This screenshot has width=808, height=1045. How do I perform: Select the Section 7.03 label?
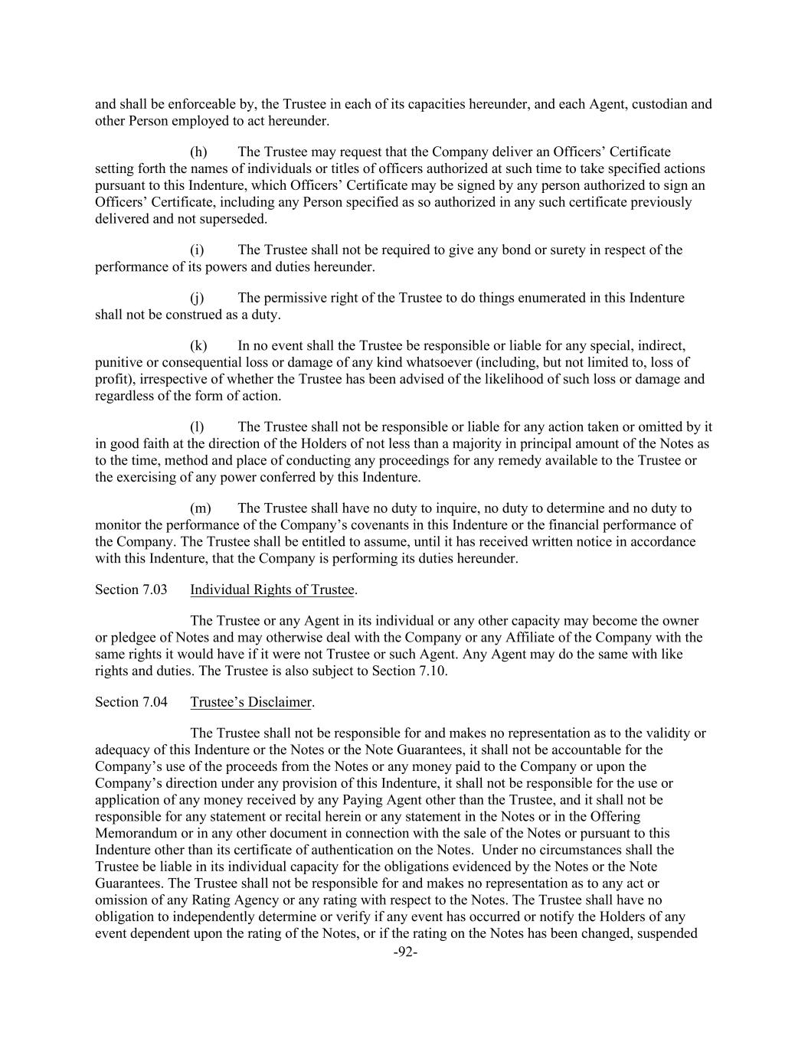click(x=126, y=589)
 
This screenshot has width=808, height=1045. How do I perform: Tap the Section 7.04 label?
click(x=126, y=701)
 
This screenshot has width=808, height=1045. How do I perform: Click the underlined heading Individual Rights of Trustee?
click(x=272, y=589)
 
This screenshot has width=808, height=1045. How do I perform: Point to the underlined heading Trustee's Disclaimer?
click(x=251, y=701)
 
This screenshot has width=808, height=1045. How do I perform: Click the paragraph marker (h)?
click(x=198, y=152)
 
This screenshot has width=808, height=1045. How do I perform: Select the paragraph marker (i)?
click(x=197, y=250)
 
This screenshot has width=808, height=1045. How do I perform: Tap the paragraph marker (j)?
click(x=197, y=297)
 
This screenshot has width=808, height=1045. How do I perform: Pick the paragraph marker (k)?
click(x=198, y=345)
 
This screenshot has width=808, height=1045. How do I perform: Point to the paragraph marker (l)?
click(x=197, y=426)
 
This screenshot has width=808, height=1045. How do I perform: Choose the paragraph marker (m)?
click(x=200, y=508)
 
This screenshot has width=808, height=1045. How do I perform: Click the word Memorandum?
click(x=132, y=832)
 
